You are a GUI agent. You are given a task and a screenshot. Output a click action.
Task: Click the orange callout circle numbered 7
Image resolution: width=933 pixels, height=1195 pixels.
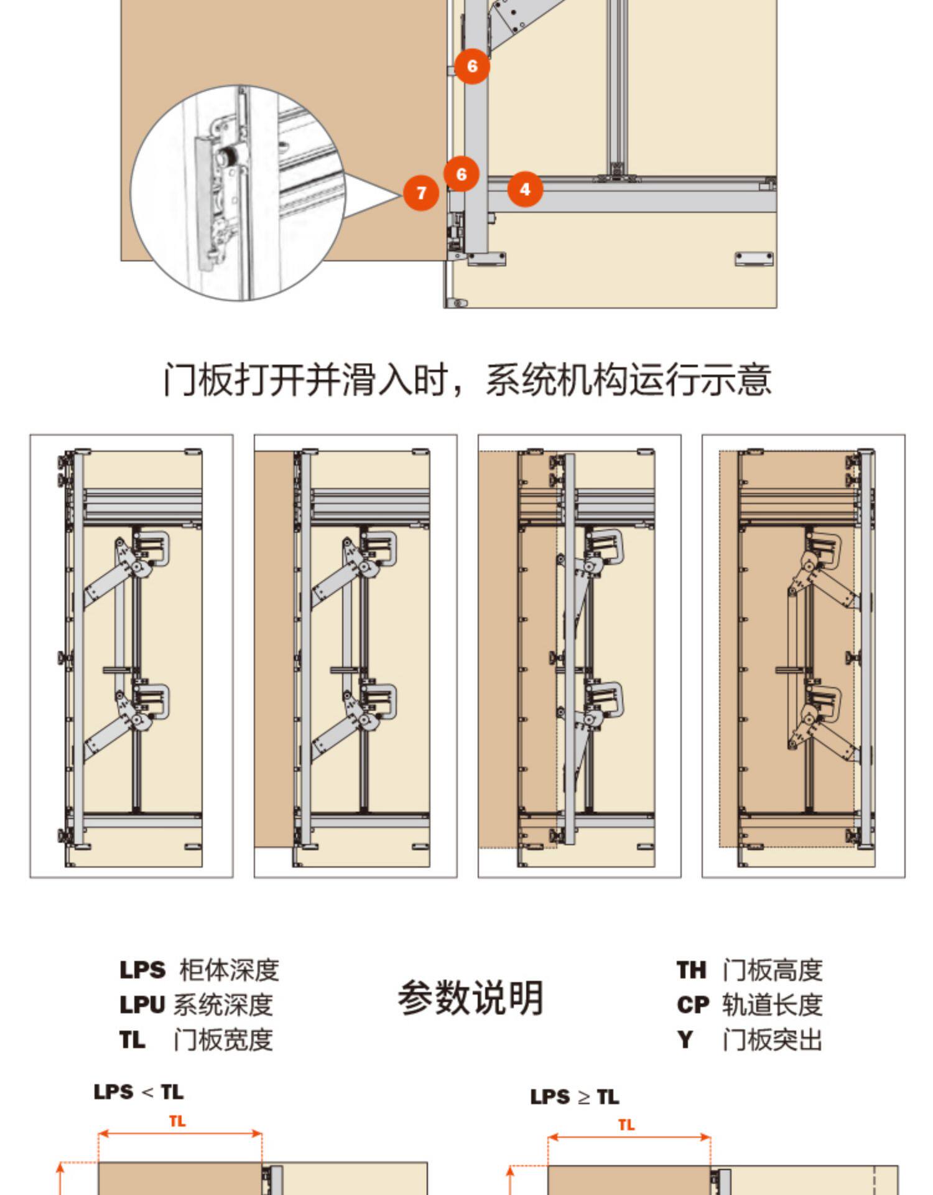click(x=421, y=193)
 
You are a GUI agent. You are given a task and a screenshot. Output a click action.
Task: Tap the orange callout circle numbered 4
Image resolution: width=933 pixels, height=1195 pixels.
click(x=525, y=189)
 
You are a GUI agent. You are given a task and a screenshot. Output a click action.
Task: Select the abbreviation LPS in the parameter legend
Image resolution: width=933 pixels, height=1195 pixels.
click(x=142, y=970)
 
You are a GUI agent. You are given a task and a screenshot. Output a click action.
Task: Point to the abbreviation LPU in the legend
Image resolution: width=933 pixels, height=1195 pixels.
click(x=142, y=1005)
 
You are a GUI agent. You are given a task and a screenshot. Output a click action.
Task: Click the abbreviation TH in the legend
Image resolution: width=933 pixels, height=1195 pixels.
click(x=692, y=970)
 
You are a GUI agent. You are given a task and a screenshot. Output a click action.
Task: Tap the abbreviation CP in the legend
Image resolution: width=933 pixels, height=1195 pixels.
click(x=693, y=1005)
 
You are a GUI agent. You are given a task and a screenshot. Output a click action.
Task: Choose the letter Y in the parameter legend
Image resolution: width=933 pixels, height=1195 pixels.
click(x=685, y=1039)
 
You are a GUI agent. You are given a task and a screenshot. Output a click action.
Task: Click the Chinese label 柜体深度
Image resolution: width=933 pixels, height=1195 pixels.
click(x=229, y=970)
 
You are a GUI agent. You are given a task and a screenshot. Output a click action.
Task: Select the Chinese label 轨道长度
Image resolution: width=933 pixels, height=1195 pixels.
click(x=772, y=1005)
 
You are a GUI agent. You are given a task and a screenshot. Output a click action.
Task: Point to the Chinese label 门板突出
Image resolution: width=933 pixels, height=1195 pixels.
click(x=772, y=1039)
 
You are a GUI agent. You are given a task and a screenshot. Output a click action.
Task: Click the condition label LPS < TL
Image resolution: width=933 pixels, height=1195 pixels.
click(x=139, y=1092)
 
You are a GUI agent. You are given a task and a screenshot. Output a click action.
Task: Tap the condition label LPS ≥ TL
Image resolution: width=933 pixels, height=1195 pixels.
click(x=575, y=1097)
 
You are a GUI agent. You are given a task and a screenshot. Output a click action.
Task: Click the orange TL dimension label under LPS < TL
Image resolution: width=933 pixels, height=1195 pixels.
click(x=177, y=1121)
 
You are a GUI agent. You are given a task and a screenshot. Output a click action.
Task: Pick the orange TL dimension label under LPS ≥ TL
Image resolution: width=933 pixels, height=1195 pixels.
click(x=626, y=1125)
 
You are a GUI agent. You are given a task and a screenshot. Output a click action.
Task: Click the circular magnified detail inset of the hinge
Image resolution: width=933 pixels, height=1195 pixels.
click(x=238, y=193)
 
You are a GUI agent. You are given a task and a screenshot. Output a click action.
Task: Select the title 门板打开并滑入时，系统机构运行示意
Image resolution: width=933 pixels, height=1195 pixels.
click(x=467, y=379)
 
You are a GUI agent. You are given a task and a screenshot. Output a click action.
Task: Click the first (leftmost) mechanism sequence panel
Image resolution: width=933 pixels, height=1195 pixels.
click(x=132, y=656)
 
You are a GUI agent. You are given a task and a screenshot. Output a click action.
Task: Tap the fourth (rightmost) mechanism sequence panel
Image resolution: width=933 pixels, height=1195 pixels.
click(x=803, y=656)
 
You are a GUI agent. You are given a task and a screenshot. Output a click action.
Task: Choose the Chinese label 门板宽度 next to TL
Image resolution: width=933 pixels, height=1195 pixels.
click(x=223, y=1039)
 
